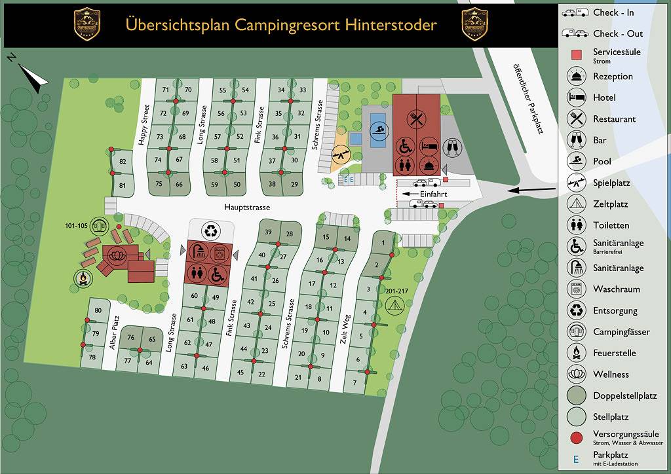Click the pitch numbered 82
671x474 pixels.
click(x=123, y=162)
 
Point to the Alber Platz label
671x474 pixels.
click(x=113, y=332)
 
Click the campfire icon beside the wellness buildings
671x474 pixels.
click(x=83, y=279)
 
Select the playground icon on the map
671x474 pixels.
click(x=341, y=154)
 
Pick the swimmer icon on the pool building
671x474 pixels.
click(x=377, y=130)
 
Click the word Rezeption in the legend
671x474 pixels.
click(x=613, y=77)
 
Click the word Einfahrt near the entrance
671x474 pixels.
click(x=433, y=194)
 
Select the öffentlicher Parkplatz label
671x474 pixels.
click(x=528, y=88)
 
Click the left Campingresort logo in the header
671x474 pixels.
click(x=87, y=24)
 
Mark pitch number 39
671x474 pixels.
click(x=268, y=232)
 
